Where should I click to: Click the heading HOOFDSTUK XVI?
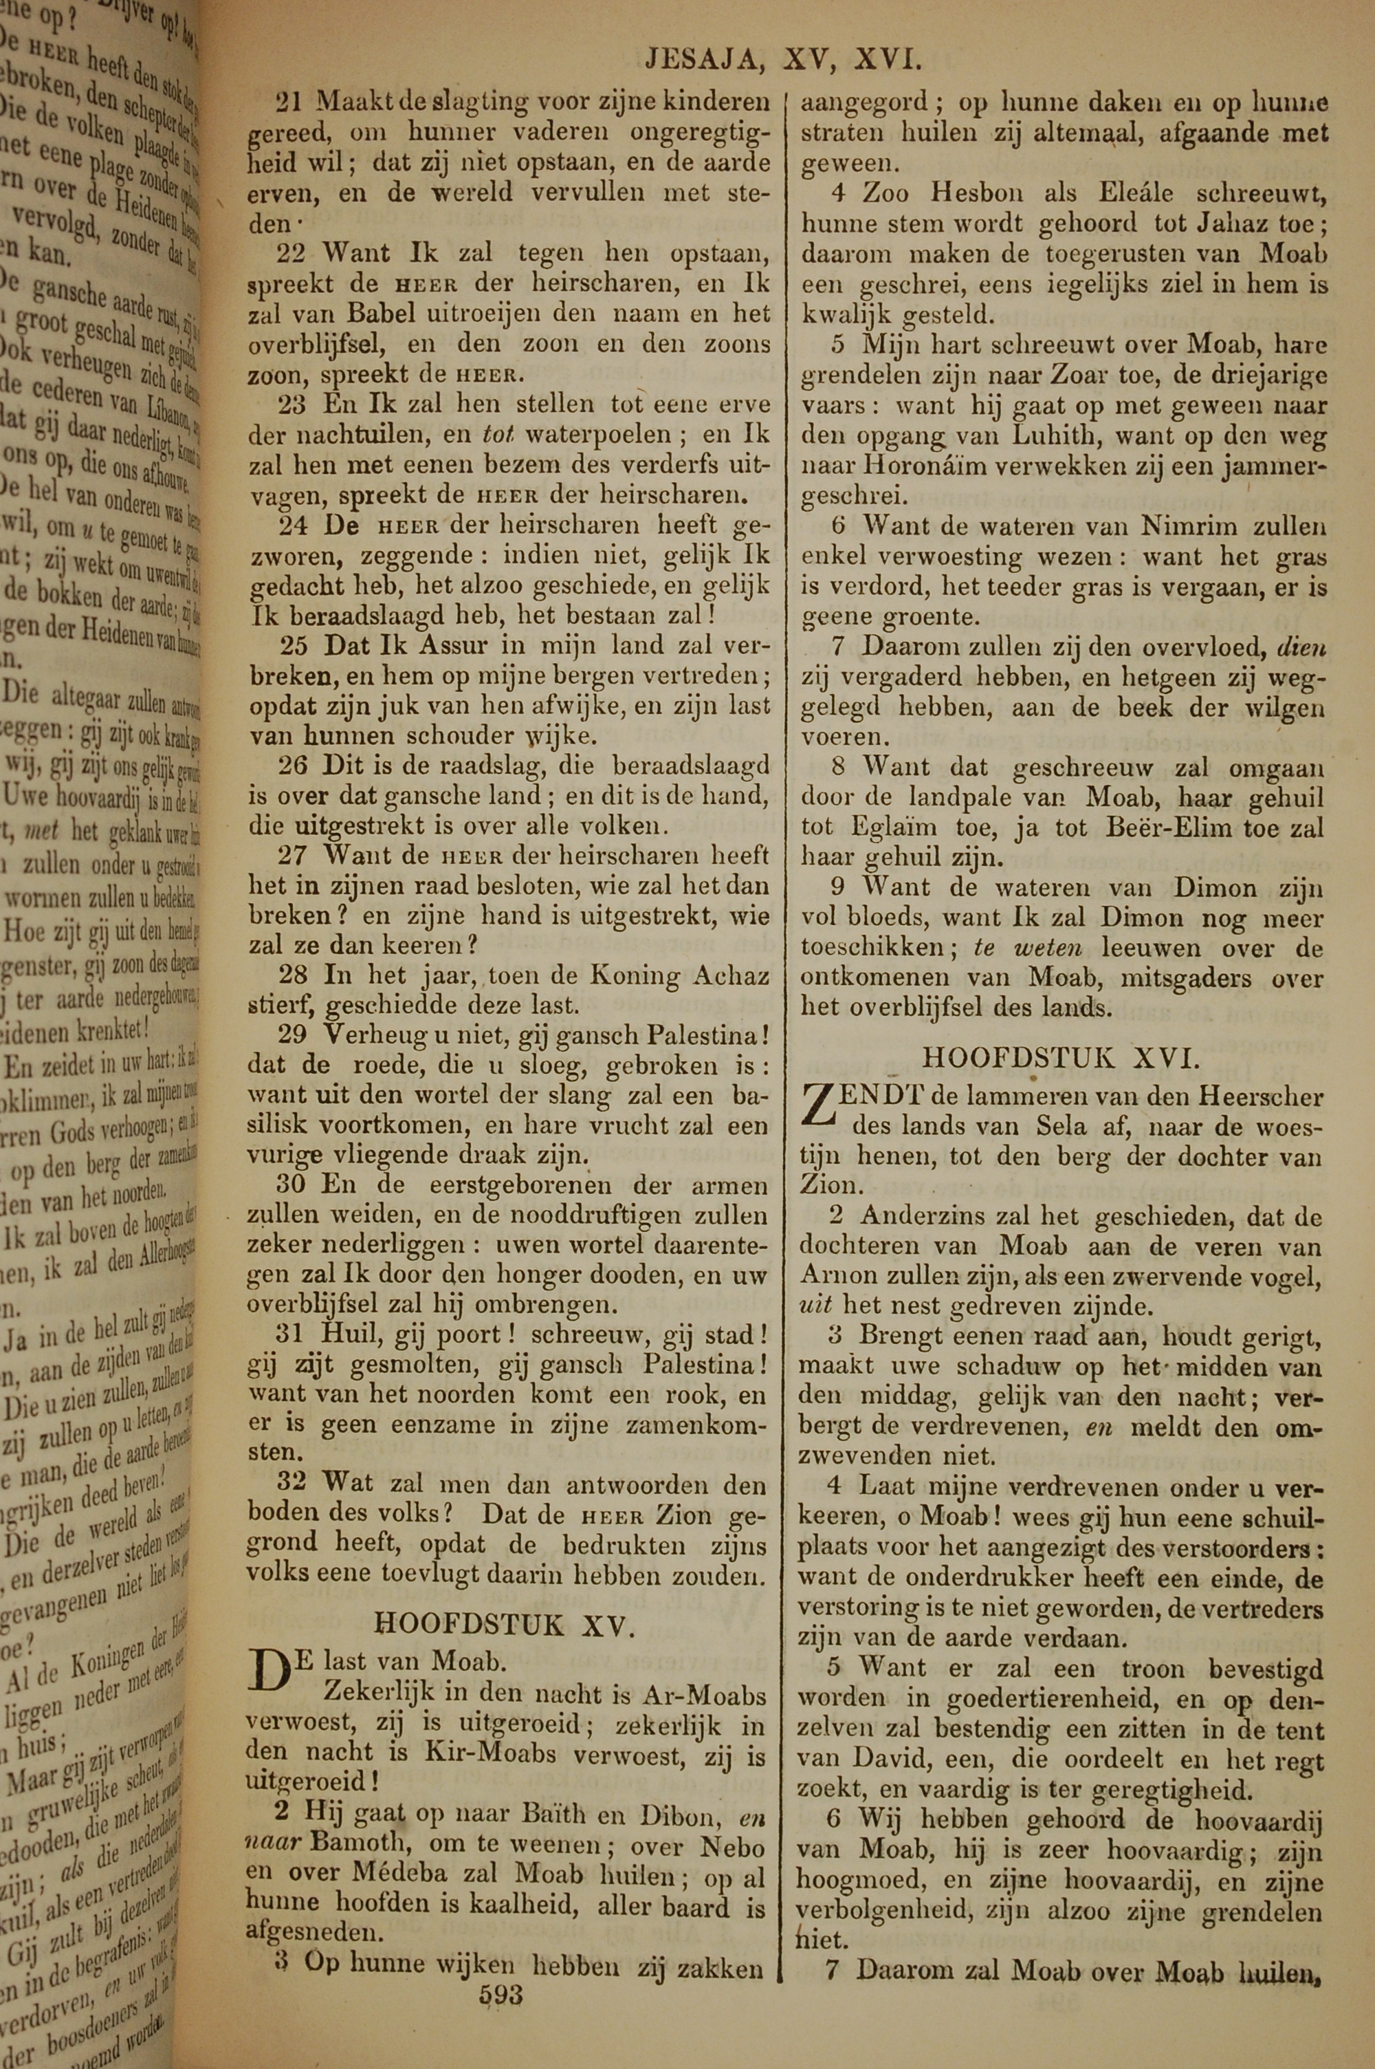pos(1060,1058)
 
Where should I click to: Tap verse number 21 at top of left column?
pos(289,102)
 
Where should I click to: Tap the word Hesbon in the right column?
pos(970,193)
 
